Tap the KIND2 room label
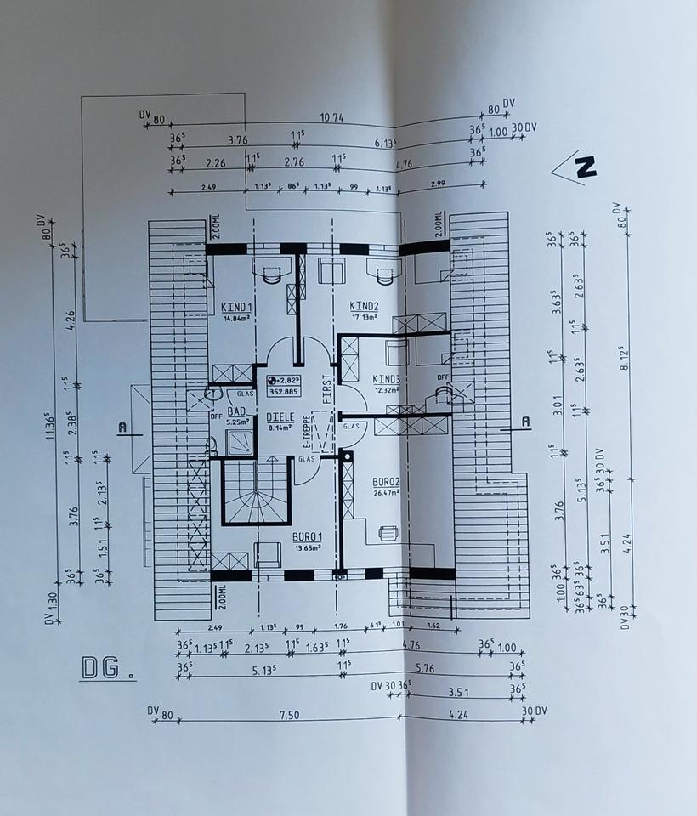point(364,306)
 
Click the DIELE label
point(280,417)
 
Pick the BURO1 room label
point(307,537)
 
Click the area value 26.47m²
point(386,492)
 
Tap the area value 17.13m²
point(364,317)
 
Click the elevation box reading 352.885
point(284,393)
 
